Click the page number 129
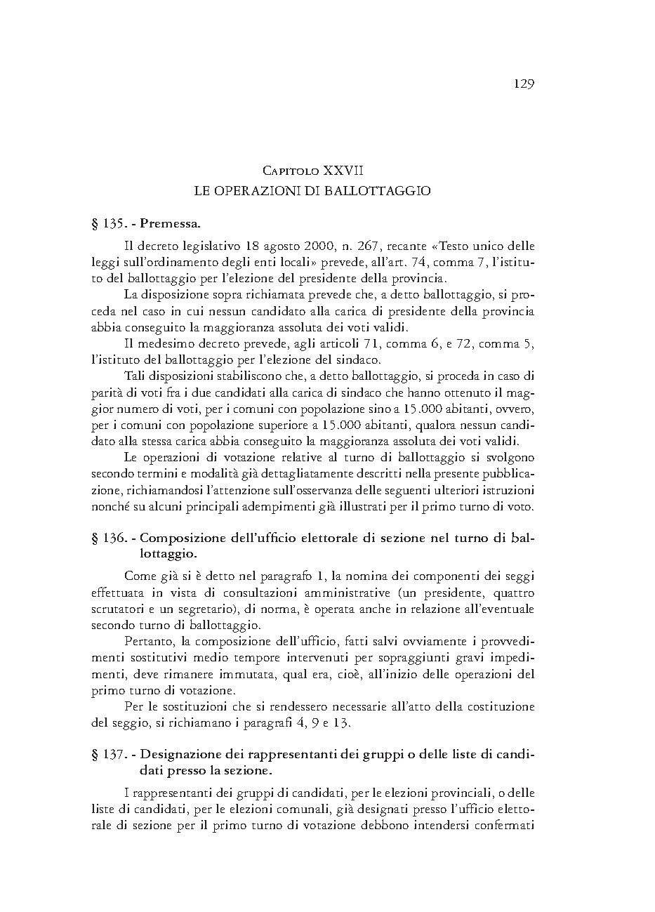tap(524, 84)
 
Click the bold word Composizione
tap(184, 538)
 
